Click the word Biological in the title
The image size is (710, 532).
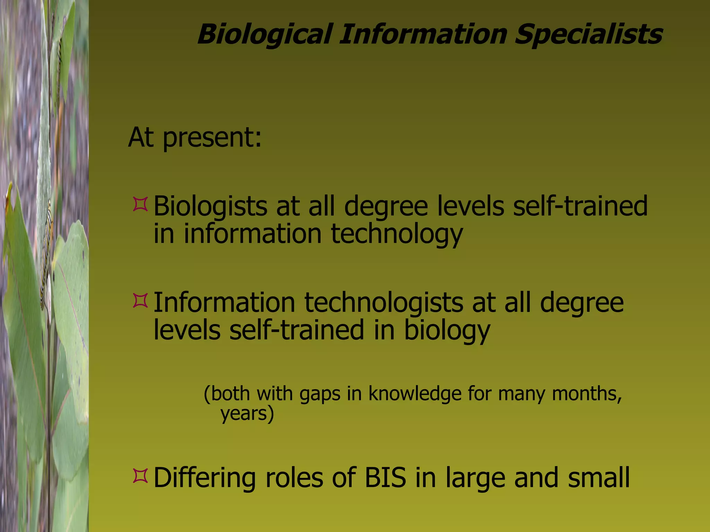[265, 35]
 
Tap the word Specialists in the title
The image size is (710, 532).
[589, 35]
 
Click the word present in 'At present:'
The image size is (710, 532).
[212, 138]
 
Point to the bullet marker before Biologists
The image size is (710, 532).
[140, 204]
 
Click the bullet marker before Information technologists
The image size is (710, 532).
[140, 301]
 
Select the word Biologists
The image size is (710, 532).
[210, 206]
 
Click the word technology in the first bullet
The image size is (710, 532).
[397, 234]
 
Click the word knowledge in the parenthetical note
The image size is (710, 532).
[415, 394]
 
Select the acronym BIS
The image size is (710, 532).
[385, 478]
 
